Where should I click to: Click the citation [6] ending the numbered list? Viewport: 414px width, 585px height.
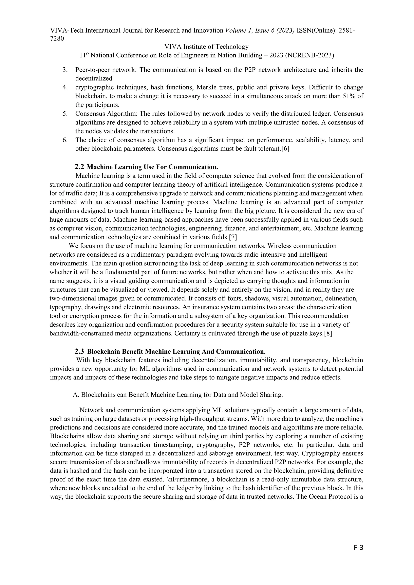[285, 149]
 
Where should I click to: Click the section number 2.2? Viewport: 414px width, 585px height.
[79, 167]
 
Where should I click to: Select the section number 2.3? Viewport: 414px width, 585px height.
[79, 351]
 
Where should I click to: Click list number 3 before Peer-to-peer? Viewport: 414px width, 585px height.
[65, 70]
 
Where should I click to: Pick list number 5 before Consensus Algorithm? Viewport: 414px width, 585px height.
[65, 114]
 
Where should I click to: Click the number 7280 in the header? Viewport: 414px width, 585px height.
[57, 38]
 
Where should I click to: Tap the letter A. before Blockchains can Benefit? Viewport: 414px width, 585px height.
[76, 395]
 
